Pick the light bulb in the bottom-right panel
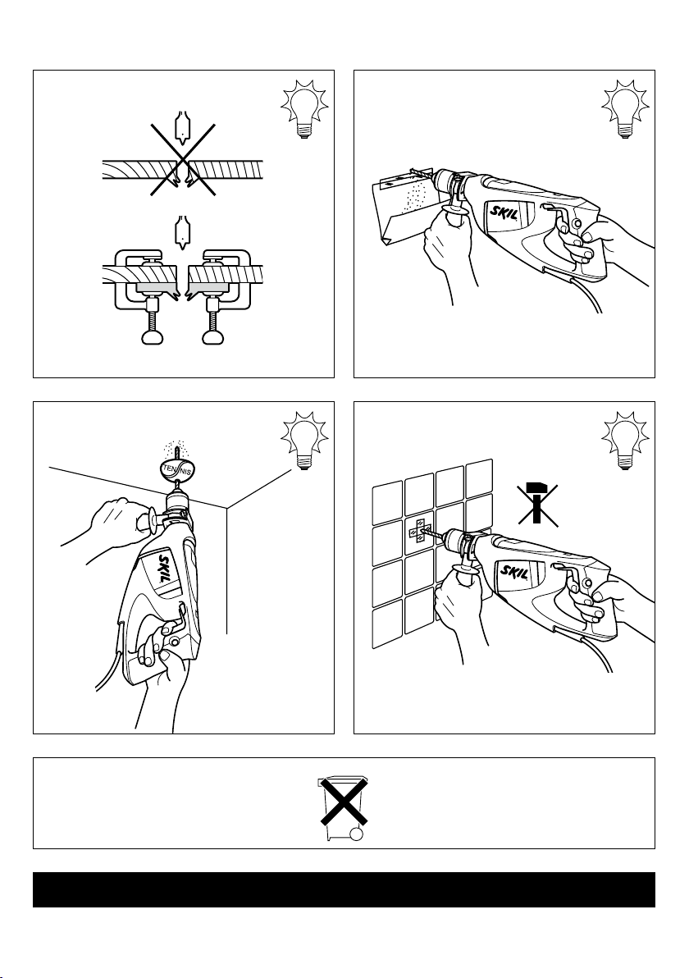click(625, 441)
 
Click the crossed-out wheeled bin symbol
click(343, 809)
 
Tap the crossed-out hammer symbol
click(537, 503)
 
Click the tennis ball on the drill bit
click(178, 471)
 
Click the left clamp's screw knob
click(153, 337)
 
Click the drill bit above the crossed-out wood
click(180, 127)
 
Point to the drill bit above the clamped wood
click(180, 233)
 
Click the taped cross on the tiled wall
click(419, 530)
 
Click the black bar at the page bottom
click(344, 889)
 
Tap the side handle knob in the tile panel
click(463, 574)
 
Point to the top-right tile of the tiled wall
click(480, 476)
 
